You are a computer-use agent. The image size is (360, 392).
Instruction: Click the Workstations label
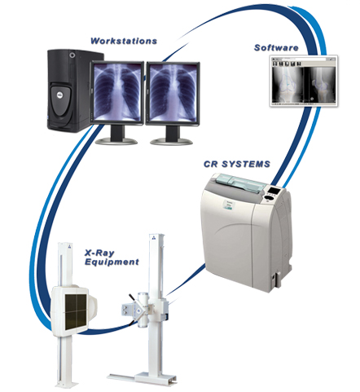coord(124,41)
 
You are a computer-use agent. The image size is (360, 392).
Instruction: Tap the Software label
coord(276,48)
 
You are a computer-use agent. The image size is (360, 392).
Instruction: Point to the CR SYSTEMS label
coord(237,164)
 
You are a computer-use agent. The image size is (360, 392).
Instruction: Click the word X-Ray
coord(99,253)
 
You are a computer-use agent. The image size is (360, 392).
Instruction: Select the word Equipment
coord(112,262)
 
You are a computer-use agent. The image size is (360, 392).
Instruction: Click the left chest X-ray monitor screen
coord(117,93)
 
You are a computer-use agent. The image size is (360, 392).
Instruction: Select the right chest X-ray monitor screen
coord(173,93)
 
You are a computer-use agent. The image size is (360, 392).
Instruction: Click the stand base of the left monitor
coord(116,141)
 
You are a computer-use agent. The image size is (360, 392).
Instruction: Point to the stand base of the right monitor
coord(171,141)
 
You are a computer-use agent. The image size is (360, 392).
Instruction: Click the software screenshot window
coord(304,81)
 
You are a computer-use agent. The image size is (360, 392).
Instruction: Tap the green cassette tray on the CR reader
coord(242,183)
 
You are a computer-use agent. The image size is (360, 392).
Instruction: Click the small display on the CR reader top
coord(273,190)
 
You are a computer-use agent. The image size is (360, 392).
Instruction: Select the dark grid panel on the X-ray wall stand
coord(76,311)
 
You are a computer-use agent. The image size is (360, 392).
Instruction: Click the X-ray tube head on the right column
coord(138,310)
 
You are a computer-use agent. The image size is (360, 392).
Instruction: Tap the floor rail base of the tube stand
coord(141,378)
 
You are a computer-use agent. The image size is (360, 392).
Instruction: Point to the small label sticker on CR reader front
coord(228,205)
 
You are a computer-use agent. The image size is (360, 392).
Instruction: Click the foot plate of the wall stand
coord(67,384)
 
